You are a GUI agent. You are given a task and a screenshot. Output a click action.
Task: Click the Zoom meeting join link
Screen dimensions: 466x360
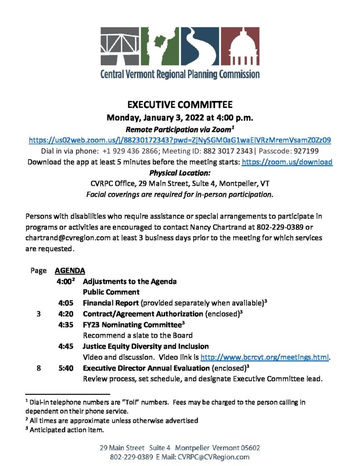(180, 140)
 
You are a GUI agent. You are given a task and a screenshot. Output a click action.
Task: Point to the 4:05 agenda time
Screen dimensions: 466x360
(66, 303)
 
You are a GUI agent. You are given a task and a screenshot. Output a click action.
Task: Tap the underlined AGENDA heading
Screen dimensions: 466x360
(70, 271)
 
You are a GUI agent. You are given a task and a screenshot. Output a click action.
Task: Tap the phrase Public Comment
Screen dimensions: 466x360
(111, 292)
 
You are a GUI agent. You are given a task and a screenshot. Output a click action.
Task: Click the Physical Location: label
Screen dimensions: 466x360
(180, 173)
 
